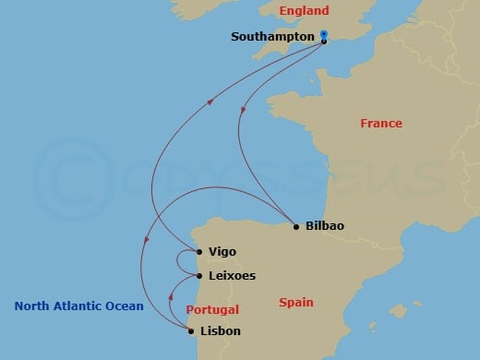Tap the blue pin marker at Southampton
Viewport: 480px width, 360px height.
324,35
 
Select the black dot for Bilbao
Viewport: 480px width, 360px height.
295,226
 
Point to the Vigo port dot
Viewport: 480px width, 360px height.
199,251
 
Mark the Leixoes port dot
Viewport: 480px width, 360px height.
199,275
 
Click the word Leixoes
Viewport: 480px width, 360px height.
233,275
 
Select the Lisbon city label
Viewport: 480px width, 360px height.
221,330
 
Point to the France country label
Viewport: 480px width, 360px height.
380,123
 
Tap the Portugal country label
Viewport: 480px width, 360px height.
212,310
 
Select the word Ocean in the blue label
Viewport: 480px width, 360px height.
124,306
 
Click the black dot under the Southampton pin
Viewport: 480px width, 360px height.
324,42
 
